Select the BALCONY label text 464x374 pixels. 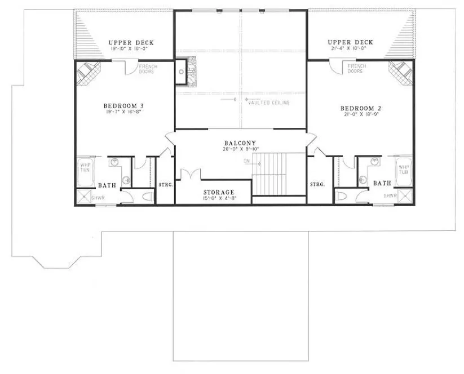click(240, 143)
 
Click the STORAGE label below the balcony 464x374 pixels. click(218, 192)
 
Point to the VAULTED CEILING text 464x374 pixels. click(269, 103)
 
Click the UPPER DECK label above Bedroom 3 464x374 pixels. click(131, 43)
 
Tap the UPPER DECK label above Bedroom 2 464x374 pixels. click(349, 43)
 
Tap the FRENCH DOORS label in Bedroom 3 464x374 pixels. click(148, 69)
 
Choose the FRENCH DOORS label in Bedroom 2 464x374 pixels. click(356, 69)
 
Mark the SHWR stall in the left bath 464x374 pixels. click(86, 197)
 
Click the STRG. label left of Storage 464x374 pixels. click(165, 184)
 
